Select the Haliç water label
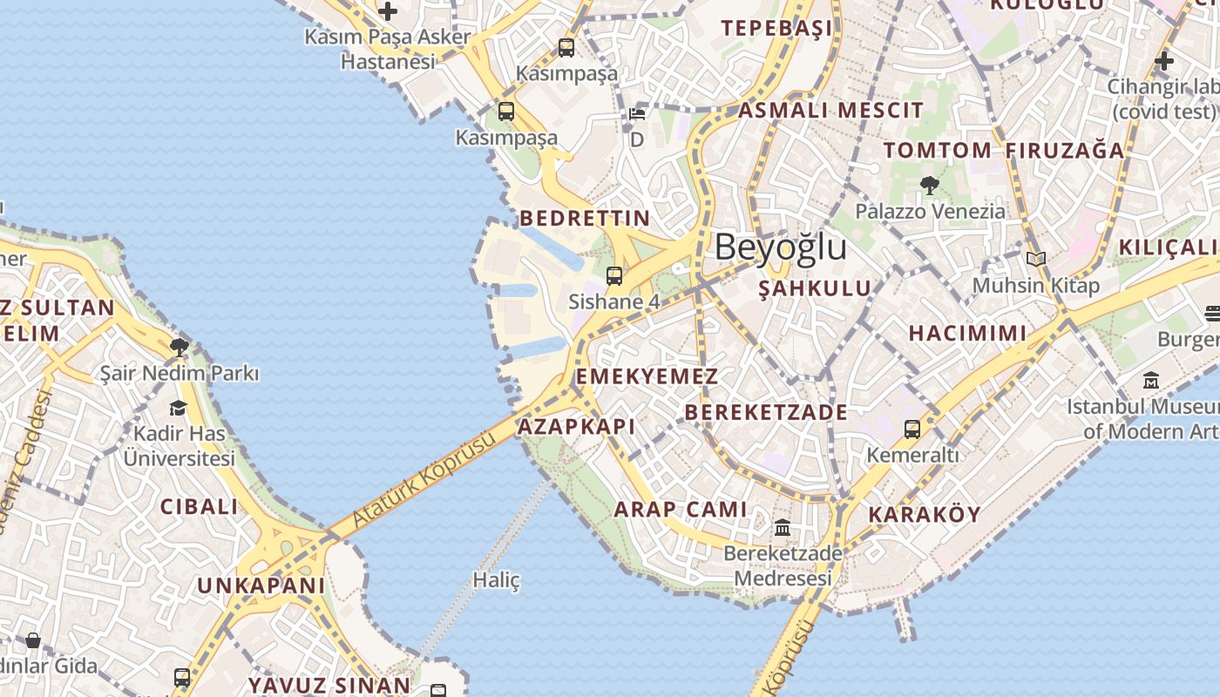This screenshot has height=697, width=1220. [496, 579]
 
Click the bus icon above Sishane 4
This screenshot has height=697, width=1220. [614, 276]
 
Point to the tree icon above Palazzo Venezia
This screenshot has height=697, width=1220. [929, 185]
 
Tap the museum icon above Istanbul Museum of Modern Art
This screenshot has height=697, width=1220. [1151, 381]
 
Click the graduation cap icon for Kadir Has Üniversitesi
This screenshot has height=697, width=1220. [179, 408]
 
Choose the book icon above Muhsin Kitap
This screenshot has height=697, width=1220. [1035, 260]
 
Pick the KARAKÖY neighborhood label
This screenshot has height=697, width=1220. [925, 514]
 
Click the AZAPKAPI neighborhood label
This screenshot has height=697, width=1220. [576, 426]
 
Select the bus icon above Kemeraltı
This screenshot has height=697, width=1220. [912, 429]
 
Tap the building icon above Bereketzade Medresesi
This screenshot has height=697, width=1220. [783, 528]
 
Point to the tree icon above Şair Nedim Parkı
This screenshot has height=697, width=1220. [179, 348]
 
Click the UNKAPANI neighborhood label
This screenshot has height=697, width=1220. [261, 585]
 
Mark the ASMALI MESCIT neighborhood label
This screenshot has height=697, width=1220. [830, 111]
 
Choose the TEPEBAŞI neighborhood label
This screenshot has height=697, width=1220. [776, 29]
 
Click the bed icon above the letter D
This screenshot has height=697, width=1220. [637, 114]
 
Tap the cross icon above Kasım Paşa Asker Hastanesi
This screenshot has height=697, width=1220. [388, 11]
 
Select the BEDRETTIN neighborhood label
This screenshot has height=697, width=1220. [585, 218]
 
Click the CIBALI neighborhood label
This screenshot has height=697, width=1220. [199, 506]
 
